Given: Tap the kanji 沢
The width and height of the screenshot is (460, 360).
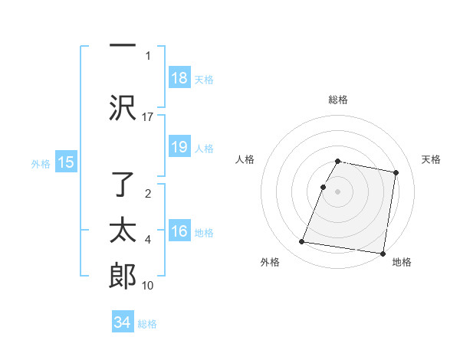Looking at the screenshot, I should point(123,108).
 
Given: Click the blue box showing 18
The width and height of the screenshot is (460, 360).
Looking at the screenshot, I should point(179,78).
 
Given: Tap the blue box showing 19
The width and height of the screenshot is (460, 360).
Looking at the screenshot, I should point(179,148).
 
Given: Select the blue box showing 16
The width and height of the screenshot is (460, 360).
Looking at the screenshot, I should point(179,232).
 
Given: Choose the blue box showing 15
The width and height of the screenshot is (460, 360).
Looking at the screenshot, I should point(66,162).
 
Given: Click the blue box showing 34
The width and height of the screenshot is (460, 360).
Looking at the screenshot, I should point(123,323).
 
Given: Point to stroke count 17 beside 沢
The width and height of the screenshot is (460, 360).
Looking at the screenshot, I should point(148,116).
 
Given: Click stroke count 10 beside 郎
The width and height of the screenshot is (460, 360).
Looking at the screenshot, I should point(148,286).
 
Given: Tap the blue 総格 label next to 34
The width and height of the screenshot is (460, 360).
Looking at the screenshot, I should point(147,324).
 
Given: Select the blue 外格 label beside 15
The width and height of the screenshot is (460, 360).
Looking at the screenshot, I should point(41,163).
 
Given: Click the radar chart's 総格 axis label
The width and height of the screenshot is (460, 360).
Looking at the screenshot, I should point(338,100).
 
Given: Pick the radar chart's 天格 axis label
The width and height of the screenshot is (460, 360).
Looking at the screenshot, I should point(432,159).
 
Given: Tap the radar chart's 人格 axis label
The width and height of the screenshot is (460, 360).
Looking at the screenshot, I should point(245,159).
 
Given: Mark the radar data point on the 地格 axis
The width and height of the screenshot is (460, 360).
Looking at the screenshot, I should point(383,253).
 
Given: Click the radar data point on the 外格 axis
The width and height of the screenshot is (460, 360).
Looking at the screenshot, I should point(302,242).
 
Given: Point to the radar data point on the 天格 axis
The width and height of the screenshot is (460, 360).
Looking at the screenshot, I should point(396,173).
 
